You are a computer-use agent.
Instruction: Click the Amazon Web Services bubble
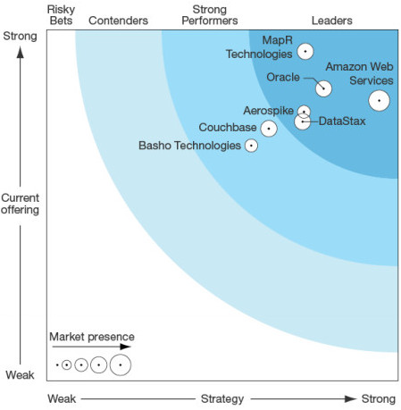(379, 101)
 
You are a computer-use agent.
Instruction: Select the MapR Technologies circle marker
(305, 52)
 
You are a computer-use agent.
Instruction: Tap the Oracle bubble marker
(323, 88)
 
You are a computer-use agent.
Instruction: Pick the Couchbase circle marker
(268, 129)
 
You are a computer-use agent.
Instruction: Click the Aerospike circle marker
(304, 112)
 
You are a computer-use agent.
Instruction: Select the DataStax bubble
(303, 121)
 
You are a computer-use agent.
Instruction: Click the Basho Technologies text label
(189, 146)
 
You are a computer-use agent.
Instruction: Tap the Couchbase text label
(227, 128)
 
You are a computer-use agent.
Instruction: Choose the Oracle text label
(284, 77)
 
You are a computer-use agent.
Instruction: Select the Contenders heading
(118, 21)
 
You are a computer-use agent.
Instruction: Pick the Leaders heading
(331, 21)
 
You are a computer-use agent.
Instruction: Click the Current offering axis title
(21, 204)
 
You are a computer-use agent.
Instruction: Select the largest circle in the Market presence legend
(121, 364)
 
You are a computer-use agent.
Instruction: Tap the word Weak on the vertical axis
(20, 375)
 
